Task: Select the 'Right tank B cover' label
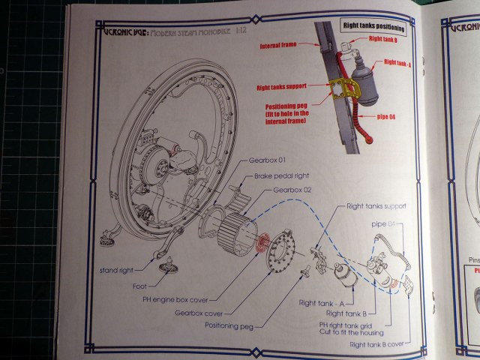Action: tap(377, 344)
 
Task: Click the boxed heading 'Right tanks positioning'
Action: tap(373, 29)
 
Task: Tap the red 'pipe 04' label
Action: tap(382, 117)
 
